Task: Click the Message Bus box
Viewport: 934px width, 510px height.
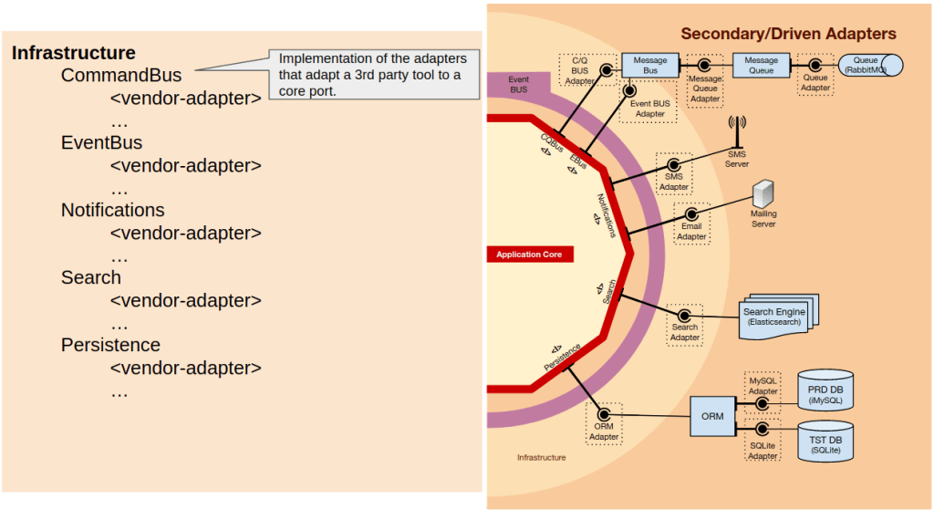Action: (x=649, y=65)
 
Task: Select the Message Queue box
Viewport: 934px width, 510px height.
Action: (x=761, y=65)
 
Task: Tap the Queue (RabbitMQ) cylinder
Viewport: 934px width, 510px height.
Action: (x=866, y=65)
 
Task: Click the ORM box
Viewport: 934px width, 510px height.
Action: (x=712, y=416)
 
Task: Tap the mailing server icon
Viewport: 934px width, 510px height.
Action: (x=763, y=193)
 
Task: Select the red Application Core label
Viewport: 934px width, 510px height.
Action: (x=529, y=255)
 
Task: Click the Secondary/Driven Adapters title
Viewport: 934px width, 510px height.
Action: (x=788, y=34)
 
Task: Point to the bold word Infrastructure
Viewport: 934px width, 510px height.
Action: (x=74, y=53)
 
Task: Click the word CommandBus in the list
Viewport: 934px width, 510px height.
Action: (x=121, y=76)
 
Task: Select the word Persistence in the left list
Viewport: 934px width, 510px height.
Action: (x=110, y=345)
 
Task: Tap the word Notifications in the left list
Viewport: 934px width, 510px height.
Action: (x=113, y=210)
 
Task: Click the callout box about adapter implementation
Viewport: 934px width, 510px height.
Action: (x=372, y=74)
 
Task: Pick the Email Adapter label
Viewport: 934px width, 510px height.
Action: (x=691, y=231)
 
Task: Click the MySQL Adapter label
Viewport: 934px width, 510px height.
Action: (x=762, y=385)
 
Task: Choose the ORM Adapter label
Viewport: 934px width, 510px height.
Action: (x=604, y=431)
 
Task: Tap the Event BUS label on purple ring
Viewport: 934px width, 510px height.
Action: (x=518, y=84)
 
